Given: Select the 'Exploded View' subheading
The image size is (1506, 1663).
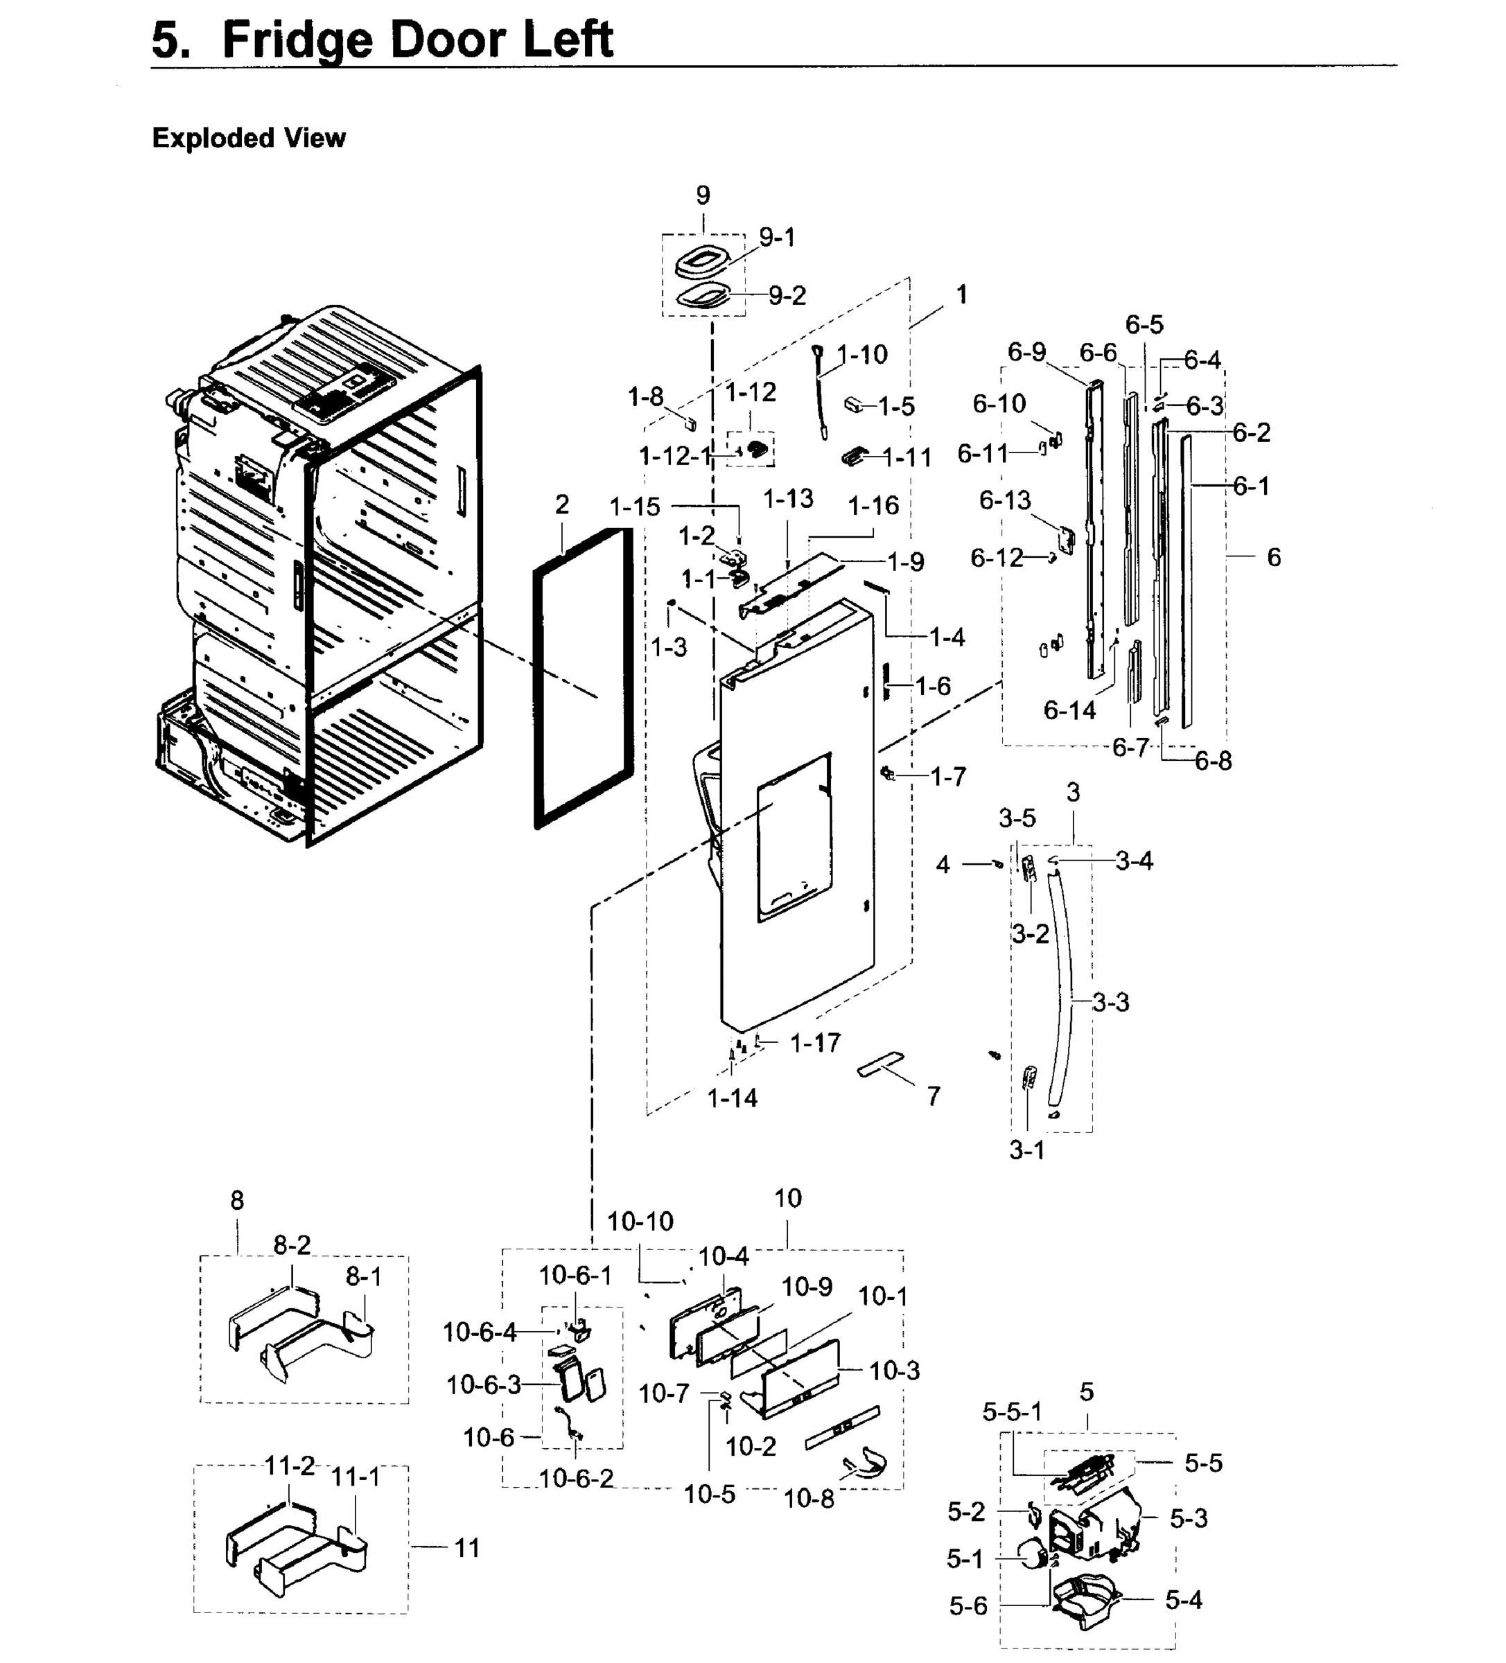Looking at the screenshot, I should (x=248, y=138).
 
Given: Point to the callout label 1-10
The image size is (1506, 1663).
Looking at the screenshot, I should (x=862, y=355).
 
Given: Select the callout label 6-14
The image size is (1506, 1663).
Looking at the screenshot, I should (x=1069, y=710).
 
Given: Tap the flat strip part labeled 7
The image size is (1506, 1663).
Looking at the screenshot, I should (x=880, y=1064).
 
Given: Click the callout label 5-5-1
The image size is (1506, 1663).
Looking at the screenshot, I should (x=1012, y=1412).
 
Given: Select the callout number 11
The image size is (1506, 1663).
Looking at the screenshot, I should (x=467, y=1549).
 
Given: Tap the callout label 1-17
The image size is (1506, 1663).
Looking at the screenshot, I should (x=815, y=1044).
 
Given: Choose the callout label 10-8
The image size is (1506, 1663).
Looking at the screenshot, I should (x=809, y=1499).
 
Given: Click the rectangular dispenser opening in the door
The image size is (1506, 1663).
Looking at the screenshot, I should (x=793, y=837).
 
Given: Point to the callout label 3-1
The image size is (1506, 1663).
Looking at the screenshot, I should (x=1026, y=1150).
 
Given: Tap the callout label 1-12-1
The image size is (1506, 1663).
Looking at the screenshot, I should (x=674, y=455).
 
